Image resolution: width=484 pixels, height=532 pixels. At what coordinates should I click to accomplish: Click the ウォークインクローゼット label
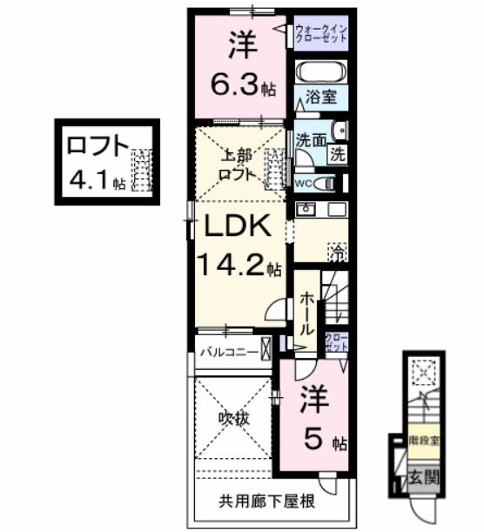click(320, 34)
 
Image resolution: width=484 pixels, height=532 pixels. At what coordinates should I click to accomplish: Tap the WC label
click(303, 184)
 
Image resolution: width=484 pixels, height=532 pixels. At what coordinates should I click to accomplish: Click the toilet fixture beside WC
click(325, 183)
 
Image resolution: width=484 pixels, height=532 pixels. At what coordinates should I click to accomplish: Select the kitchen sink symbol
click(306, 210)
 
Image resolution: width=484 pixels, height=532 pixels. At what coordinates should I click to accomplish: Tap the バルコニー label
click(225, 352)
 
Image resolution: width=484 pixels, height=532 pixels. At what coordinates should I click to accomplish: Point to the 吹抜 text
click(232, 419)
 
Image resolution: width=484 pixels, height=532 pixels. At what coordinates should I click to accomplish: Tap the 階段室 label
click(425, 441)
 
